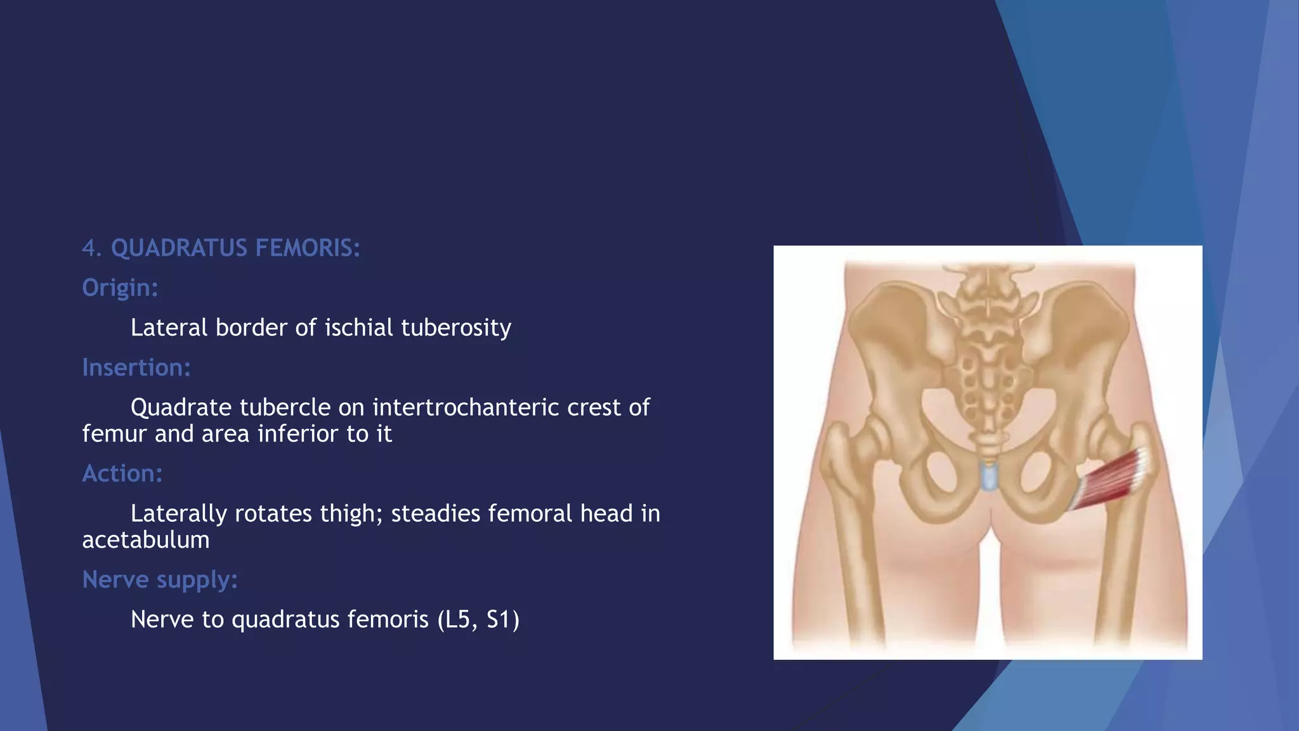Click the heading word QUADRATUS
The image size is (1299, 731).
click(x=179, y=248)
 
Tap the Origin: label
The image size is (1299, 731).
click(x=120, y=288)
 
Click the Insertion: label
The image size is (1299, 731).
click(x=136, y=367)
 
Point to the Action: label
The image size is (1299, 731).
click(x=122, y=473)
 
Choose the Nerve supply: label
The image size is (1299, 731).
click(x=160, y=579)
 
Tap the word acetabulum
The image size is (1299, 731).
click(x=146, y=540)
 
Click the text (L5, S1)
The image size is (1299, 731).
click(x=478, y=619)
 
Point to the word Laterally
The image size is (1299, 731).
click(x=178, y=513)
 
